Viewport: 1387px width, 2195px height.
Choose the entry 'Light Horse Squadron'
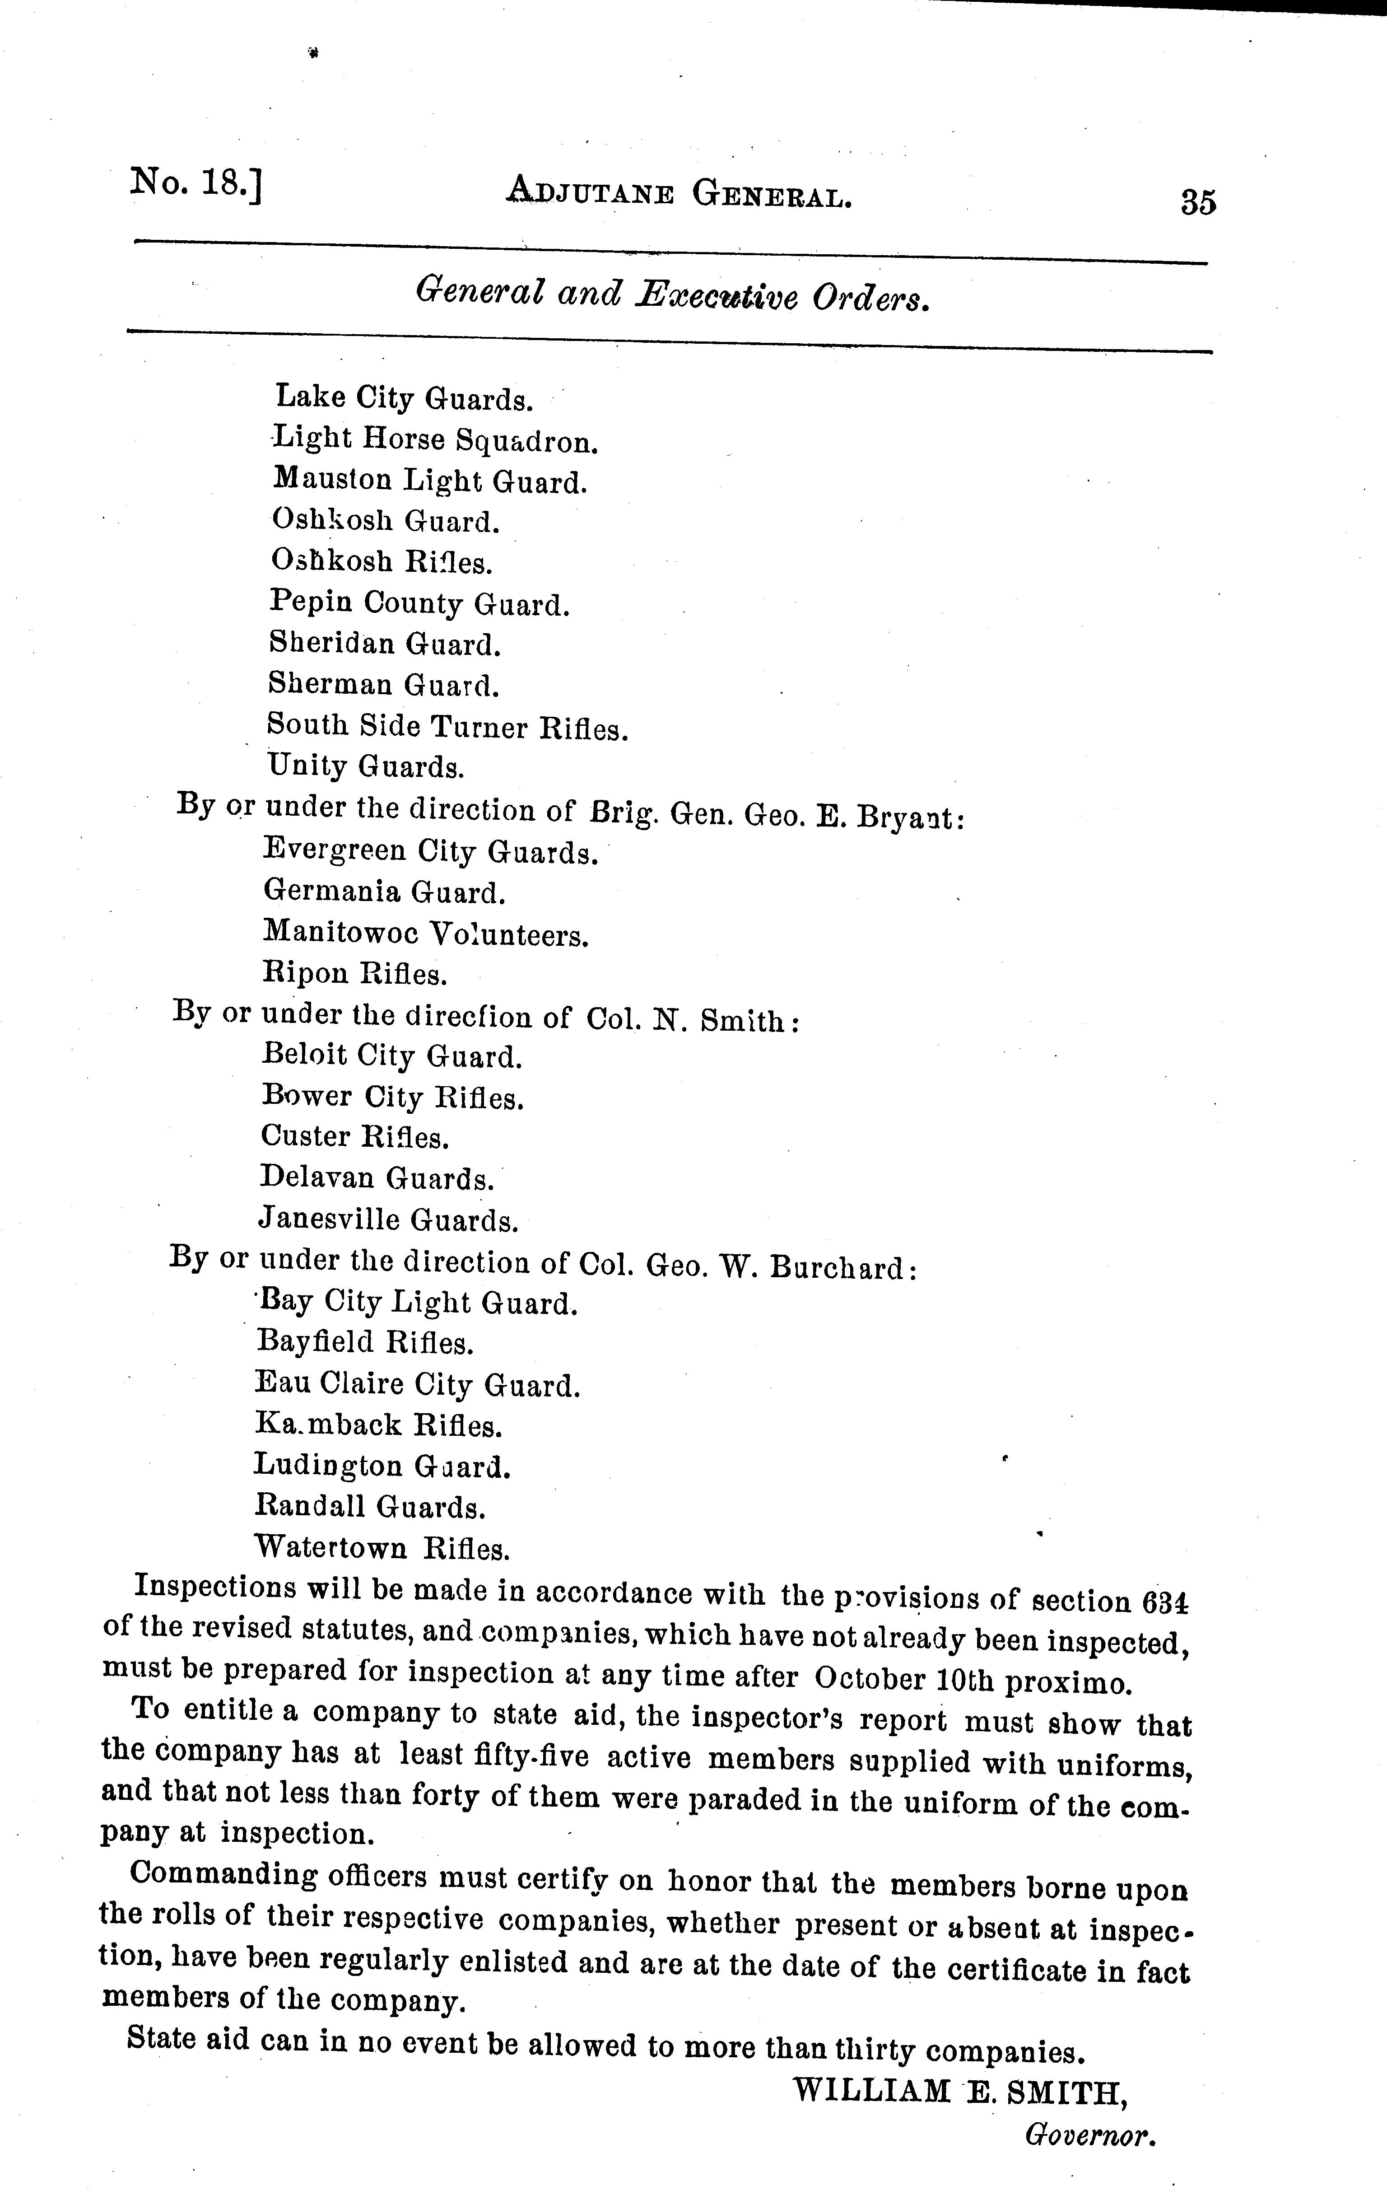point(435,440)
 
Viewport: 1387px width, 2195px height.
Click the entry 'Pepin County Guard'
point(419,603)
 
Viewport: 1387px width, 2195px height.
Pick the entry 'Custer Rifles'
point(354,1137)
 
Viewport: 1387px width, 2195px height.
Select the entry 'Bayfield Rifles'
point(364,1342)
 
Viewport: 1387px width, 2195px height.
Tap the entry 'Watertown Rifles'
point(382,1548)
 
